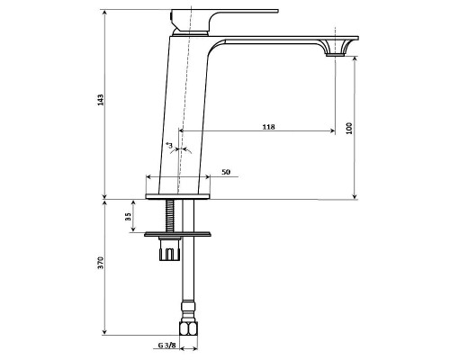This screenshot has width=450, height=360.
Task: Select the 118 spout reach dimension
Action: pos(268,127)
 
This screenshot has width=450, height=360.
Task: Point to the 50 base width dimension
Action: pos(225,171)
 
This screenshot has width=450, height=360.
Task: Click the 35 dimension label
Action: pos(128,217)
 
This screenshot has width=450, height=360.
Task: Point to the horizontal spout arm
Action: pos(270,40)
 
